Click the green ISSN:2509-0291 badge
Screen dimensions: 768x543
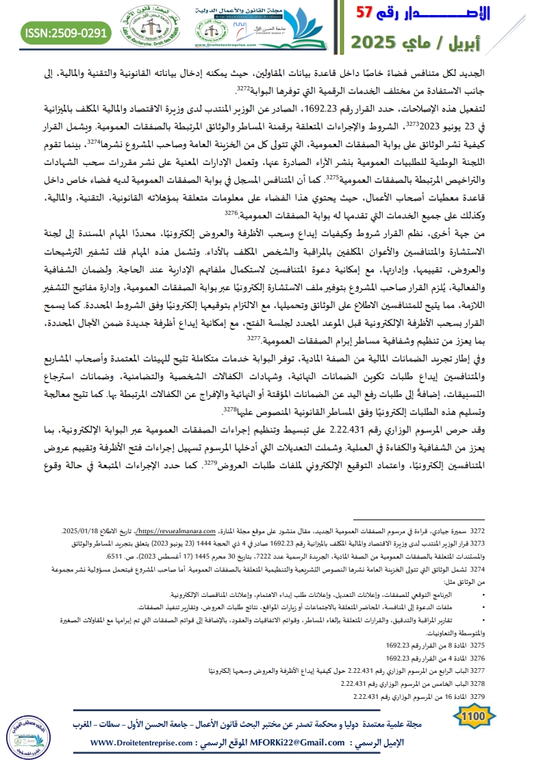(66, 31)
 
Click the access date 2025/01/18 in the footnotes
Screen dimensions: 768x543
(81, 530)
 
